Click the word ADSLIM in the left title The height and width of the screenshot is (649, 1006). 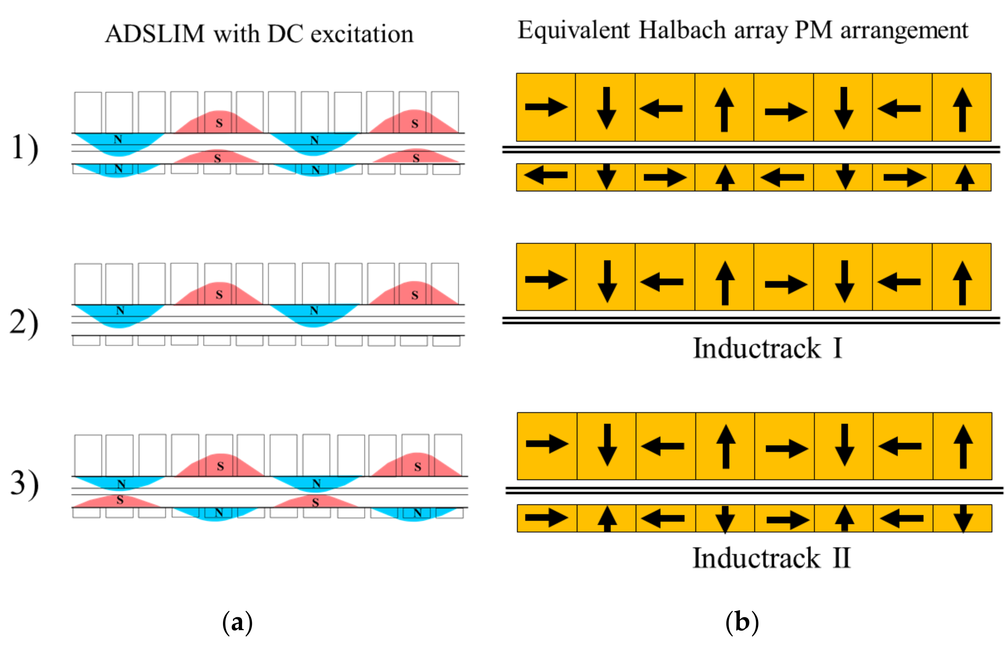tap(155, 34)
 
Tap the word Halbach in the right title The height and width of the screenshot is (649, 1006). tap(683, 30)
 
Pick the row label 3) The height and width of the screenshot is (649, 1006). tap(25, 484)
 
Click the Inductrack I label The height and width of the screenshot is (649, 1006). tap(767, 348)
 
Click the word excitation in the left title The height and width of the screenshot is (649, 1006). tap(362, 34)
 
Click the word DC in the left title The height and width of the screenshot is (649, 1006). tap(285, 34)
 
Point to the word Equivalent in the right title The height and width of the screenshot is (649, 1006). tap(574, 30)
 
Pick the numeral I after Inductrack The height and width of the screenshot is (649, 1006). tap(837, 348)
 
